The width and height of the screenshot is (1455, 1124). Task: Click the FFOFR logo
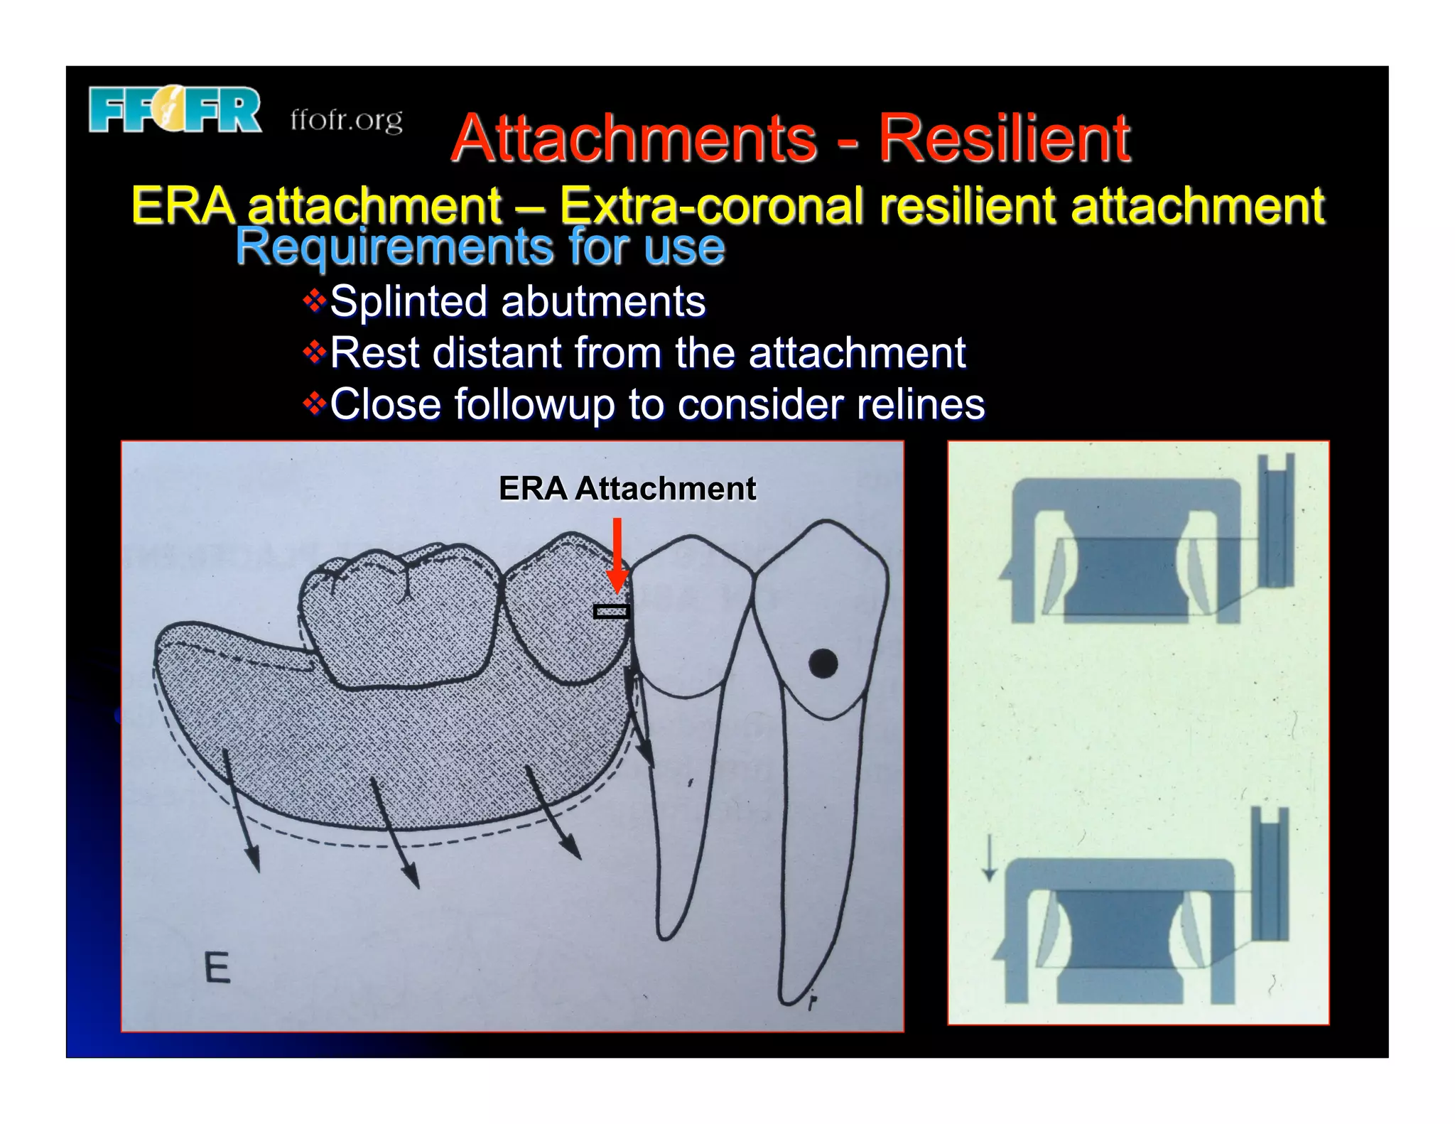(175, 110)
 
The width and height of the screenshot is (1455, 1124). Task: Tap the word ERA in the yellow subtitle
(183, 205)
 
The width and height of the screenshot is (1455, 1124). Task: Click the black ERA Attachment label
(627, 489)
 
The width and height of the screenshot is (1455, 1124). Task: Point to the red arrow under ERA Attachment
(617, 554)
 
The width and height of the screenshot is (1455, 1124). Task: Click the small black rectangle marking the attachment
(612, 611)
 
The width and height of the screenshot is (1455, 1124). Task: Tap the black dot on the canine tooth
(823, 664)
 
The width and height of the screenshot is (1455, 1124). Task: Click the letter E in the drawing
(217, 968)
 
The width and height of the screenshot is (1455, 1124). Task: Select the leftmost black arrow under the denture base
(242, 810)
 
